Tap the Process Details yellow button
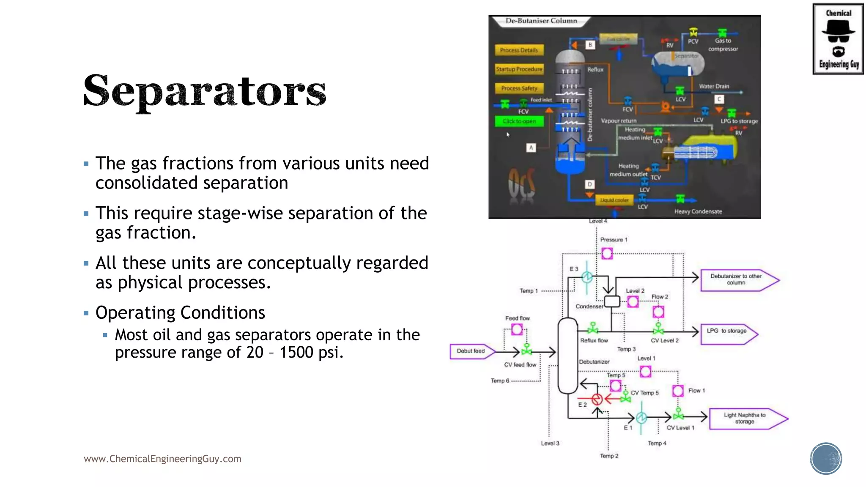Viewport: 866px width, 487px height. coord(519,50)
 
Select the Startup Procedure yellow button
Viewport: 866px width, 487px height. coord(519,69)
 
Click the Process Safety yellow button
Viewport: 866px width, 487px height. coord(519,88)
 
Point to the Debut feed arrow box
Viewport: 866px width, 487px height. coord(471,351)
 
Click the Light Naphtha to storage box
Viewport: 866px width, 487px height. coord(745,419)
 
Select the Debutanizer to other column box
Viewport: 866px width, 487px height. coord(737,280)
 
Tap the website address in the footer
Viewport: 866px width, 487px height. coord(162,459)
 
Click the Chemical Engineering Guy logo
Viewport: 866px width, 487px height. coord(838,39)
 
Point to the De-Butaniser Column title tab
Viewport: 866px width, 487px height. coord(541,21)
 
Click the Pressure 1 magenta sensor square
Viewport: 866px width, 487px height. coord(607,254)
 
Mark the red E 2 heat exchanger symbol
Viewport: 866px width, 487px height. coord(597,399)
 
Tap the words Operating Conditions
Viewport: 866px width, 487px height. coord(180,313)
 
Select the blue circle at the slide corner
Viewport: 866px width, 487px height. coord(826,459)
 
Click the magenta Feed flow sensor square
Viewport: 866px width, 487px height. coord(517,329)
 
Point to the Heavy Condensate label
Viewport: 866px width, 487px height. coord(698,212)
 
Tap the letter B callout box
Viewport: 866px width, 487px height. coord(590,45)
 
